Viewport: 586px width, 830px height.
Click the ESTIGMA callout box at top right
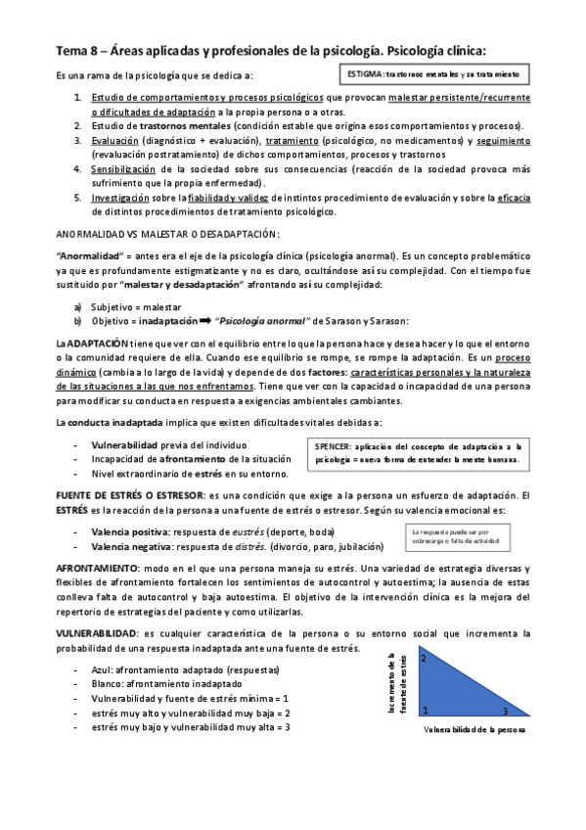coord(430,74)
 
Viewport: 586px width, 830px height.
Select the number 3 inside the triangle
coord(505,711)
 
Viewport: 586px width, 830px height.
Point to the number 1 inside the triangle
coord(425,711)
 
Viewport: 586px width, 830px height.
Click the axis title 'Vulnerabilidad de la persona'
coord(474,730)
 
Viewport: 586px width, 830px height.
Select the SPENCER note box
coord(418,451)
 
